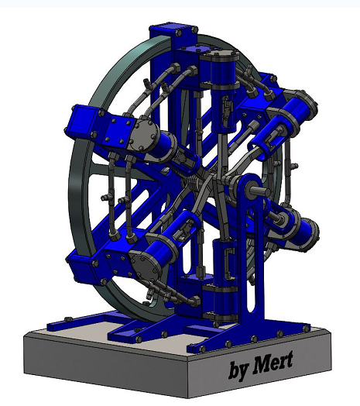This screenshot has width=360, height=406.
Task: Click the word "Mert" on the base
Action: pyautogui.click(x=271, y=366)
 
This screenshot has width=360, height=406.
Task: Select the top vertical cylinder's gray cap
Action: pyautogui.click(x=219, y=57)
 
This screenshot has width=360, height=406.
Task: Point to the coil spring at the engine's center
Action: pyautogui.click(x=197, y=185)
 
